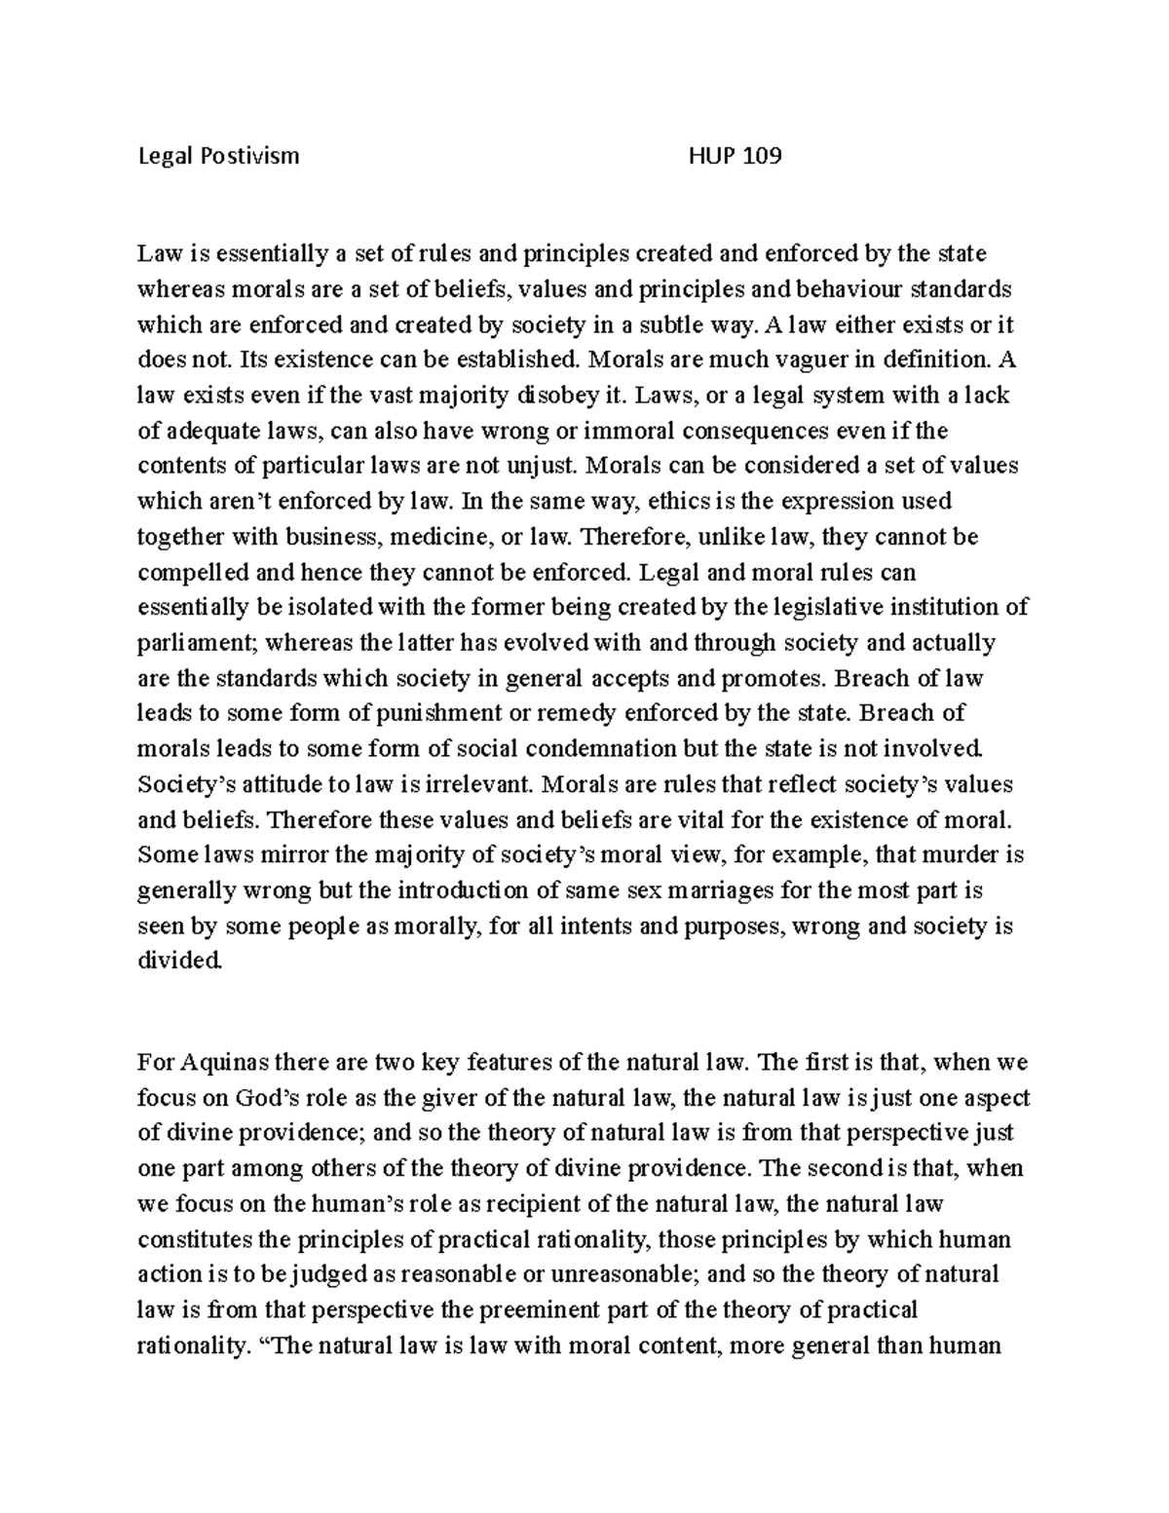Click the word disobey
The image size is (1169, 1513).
click(560, 396)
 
